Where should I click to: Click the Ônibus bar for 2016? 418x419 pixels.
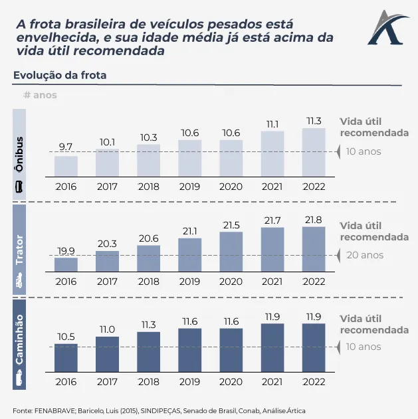(66, 166)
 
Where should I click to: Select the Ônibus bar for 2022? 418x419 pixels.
(314, 152)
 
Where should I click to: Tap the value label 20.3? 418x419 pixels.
(107, 243)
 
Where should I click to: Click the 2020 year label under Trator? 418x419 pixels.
(231, 281)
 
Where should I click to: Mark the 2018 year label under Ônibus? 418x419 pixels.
(148, 187)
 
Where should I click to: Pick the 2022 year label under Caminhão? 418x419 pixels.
(314, 382)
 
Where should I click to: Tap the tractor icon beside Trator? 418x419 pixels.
(19, 282)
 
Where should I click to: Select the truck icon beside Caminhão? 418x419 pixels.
(19, 381)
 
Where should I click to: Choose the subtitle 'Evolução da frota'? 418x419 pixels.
(60, 76)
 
